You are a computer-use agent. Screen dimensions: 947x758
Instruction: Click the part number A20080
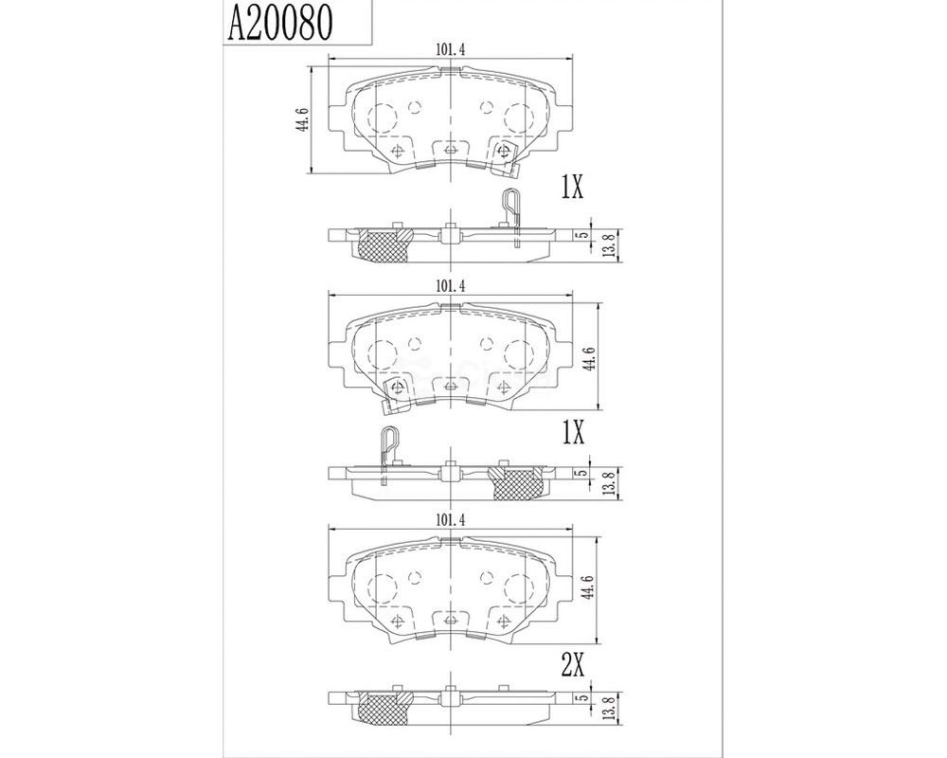point(279,23)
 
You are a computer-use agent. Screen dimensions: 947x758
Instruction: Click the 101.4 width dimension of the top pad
point(450,49)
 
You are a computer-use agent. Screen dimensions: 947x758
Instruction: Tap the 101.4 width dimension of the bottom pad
point(450,520)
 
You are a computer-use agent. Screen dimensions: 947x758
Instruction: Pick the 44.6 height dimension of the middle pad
point(591,358)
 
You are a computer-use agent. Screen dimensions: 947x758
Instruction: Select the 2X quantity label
point(573,667)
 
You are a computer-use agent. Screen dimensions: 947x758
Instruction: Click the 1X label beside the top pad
point(571,189)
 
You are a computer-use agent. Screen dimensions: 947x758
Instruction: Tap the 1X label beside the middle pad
point(573,433)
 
